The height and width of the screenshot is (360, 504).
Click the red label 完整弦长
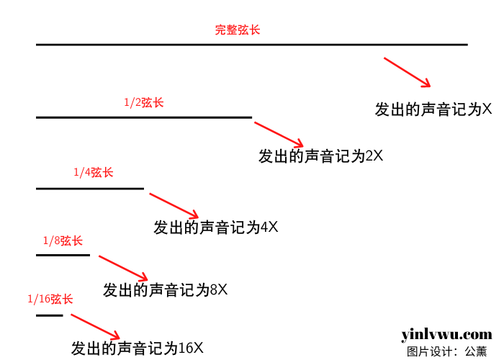tap(238, 30)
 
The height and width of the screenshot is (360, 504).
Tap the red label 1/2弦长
tap(144, 102)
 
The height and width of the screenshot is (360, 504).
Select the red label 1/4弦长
tap(94, 173)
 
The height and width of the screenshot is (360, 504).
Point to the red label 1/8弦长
tap(63, 240)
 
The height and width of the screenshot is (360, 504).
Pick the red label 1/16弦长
tap(50, 299)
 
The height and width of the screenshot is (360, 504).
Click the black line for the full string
tap(252, 45)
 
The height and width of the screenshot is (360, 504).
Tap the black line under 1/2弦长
tap(144, 117)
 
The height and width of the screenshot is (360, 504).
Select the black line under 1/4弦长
tap(90, 189)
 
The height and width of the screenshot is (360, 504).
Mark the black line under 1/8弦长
tap(63, 254)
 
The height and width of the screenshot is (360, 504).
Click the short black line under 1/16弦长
tap(50, 315)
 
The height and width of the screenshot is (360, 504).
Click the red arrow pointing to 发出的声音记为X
tap(407, 72)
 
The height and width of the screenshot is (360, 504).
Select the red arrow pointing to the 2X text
tap(279, 135)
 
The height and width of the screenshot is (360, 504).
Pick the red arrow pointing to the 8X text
tap(123, 268)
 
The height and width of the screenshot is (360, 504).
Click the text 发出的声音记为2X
tap(320, 156)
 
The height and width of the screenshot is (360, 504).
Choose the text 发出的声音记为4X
tap(215, 228)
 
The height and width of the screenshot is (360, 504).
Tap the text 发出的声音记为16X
tap(138, 348)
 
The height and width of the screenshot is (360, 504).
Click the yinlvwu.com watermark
tap(446, 335)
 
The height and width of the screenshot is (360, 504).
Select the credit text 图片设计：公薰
tap(446, 351)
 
